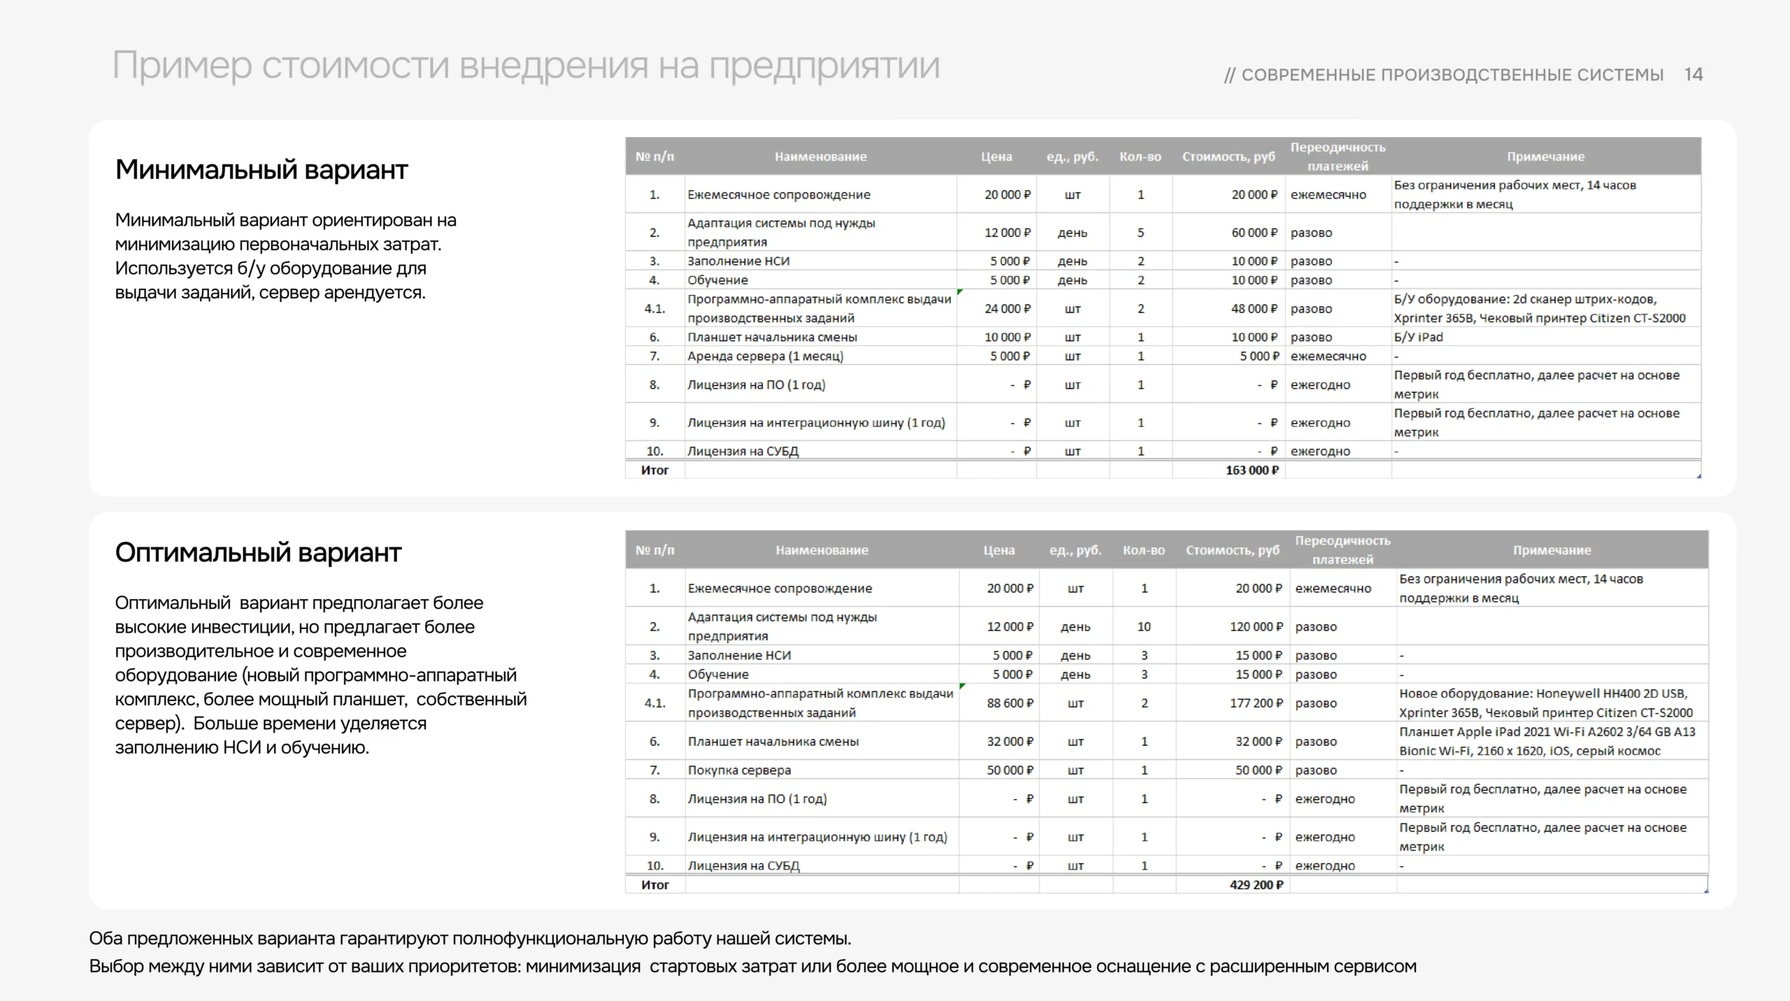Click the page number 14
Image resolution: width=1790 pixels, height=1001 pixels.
pos(1693,75)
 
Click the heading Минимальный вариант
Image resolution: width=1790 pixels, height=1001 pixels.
pos(261,170)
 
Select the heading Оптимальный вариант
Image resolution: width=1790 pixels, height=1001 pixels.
pos(258,553)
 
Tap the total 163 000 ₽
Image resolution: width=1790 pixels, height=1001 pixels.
pos(1252,470)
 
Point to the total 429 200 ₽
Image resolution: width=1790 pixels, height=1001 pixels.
pos(1256,885)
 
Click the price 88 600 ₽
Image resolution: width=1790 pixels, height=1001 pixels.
pos(1009,703)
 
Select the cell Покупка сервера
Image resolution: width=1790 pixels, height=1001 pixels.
pos(739,770)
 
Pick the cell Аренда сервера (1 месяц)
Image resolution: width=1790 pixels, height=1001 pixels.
pos(765,357)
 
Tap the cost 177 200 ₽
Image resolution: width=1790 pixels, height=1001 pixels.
pos(1256,703)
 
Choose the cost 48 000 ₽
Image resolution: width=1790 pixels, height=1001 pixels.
pos(1254,309)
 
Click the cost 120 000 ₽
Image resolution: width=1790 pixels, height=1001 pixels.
pos(1256,627)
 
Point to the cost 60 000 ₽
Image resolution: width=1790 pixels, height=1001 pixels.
pos(1254,233)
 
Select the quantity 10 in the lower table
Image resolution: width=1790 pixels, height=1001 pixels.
pos(1144,627)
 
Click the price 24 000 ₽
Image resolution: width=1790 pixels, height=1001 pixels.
pos(1007,309)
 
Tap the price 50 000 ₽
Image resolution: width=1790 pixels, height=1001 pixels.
pos(1009,770)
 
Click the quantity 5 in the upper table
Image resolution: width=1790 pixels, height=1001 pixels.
pos(1140,233)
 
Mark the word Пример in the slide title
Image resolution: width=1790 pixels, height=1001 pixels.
pos(182,66)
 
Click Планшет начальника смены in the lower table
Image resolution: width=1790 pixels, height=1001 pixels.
pos(773,742)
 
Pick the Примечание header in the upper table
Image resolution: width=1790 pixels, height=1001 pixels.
pos(1545,157)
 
